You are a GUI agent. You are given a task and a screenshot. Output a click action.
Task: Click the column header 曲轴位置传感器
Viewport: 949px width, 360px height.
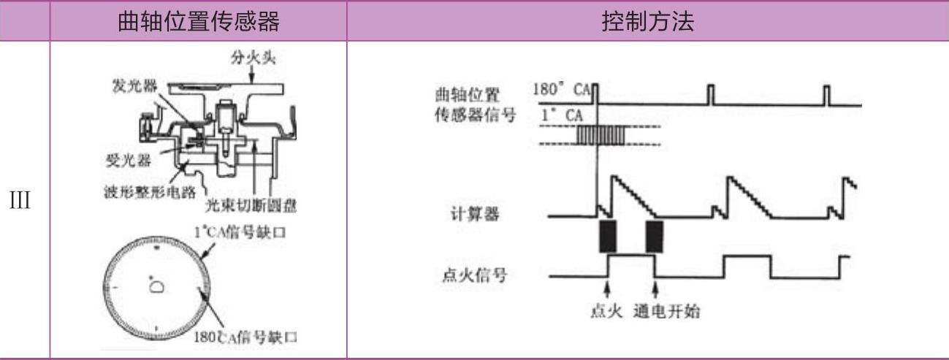coord(198,22)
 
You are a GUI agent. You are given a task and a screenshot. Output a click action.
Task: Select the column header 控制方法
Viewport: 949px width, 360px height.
coord(647,22)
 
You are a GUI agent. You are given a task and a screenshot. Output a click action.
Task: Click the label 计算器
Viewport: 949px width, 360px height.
coord(481,216)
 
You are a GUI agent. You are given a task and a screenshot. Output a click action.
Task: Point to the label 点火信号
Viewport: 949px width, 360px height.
coord(476,276)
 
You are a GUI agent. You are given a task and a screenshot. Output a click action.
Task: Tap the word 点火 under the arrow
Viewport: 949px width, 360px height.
coord(606,312)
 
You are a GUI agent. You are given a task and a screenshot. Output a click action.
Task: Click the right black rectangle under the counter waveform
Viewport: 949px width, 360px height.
coord(655,236)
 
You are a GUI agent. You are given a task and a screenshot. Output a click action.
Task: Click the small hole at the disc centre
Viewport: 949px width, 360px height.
coord(156,288)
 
